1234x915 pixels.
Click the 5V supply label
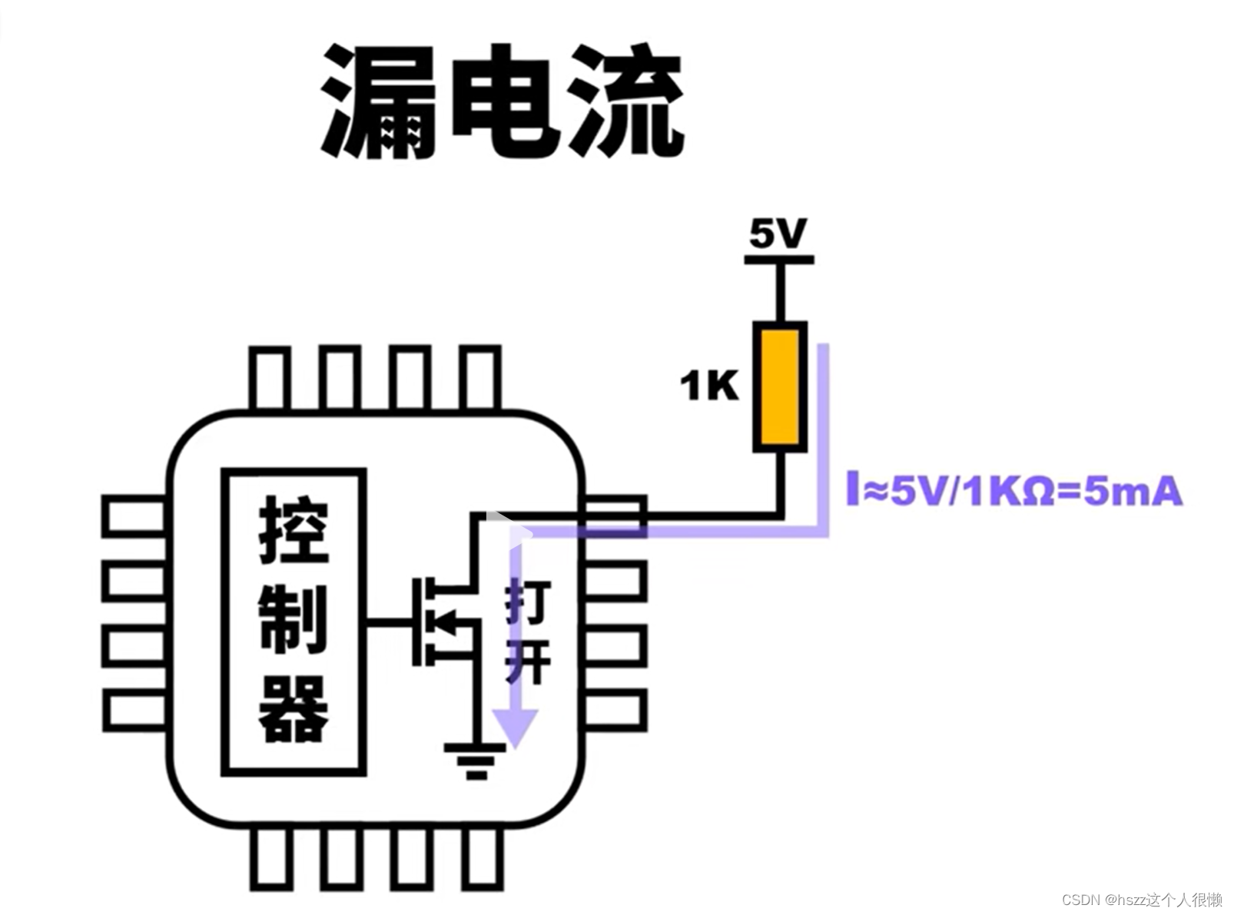pyautogui.click(x=778, y=234)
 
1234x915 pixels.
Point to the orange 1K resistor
pyautogui.click(x=779, y=386)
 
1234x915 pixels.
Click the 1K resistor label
pyautogui.click(x=708, y=386)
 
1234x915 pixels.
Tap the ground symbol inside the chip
pyautogui.click(x=476, y=761)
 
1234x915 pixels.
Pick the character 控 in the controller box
pyautogui.click(x=294, y=530)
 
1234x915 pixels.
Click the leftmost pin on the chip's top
pyautogui.click(x=270, y=378)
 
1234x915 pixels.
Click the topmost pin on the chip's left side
pyautogui.click(x=134, y=516)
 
